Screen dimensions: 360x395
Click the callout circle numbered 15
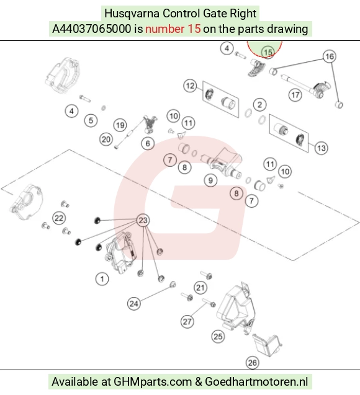[x=268, y=52]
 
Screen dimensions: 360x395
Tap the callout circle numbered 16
[x=330, y=56]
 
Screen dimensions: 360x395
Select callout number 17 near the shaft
[x=295, y=95]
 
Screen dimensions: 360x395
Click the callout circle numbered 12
[x=190, y=86]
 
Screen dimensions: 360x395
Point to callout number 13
[x=321, y=148]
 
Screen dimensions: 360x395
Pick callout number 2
[x=259, y=105]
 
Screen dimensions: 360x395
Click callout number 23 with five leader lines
[x=143, y=220]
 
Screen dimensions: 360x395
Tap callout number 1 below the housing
[x=102, y=279]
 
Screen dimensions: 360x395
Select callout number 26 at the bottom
[x=253, y=363]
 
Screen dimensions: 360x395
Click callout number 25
[x=218, y=336]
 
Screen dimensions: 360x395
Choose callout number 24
[x=134, y=304]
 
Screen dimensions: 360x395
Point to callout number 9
[x=210, y=180]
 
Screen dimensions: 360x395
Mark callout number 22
[x=59, y=218]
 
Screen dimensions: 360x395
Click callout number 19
[x=120, y=125]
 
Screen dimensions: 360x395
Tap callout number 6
[x=148, y=143]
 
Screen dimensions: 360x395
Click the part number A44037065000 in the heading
[x=92, y=29]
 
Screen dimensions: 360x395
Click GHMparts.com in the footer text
[x=153, y=382]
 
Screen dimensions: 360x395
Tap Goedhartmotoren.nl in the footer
[x=256, y=381]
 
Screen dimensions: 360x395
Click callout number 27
[x=187, y=321]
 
